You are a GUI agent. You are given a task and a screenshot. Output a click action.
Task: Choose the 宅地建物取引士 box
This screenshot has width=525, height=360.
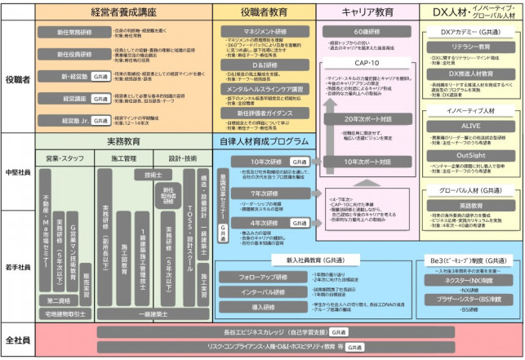66,313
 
